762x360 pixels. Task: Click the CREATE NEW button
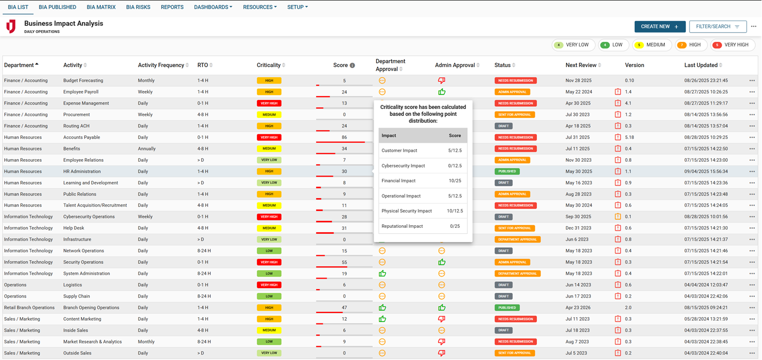pos(659,26)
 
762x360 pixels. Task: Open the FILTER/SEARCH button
pos(717,26)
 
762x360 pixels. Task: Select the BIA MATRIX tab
pos(101,7)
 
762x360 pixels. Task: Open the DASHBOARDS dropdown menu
pos(212,7)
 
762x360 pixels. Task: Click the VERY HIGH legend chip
pos(732,45)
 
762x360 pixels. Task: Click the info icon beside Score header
pos(352,66)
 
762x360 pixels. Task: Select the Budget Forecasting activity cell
pos(83,81)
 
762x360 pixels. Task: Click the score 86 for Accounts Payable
pos(344,137)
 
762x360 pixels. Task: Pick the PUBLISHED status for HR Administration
pos(507,171)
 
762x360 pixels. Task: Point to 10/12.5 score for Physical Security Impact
pos(454,211)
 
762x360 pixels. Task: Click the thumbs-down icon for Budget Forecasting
pos(441,81)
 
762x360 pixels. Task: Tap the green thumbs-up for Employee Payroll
pos(441,92)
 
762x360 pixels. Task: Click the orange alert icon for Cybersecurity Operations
pos(618,217)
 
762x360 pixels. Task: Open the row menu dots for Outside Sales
pos(751,353)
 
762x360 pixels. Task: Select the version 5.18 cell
pos(629,137)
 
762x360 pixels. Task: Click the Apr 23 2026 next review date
pos(577,308)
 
